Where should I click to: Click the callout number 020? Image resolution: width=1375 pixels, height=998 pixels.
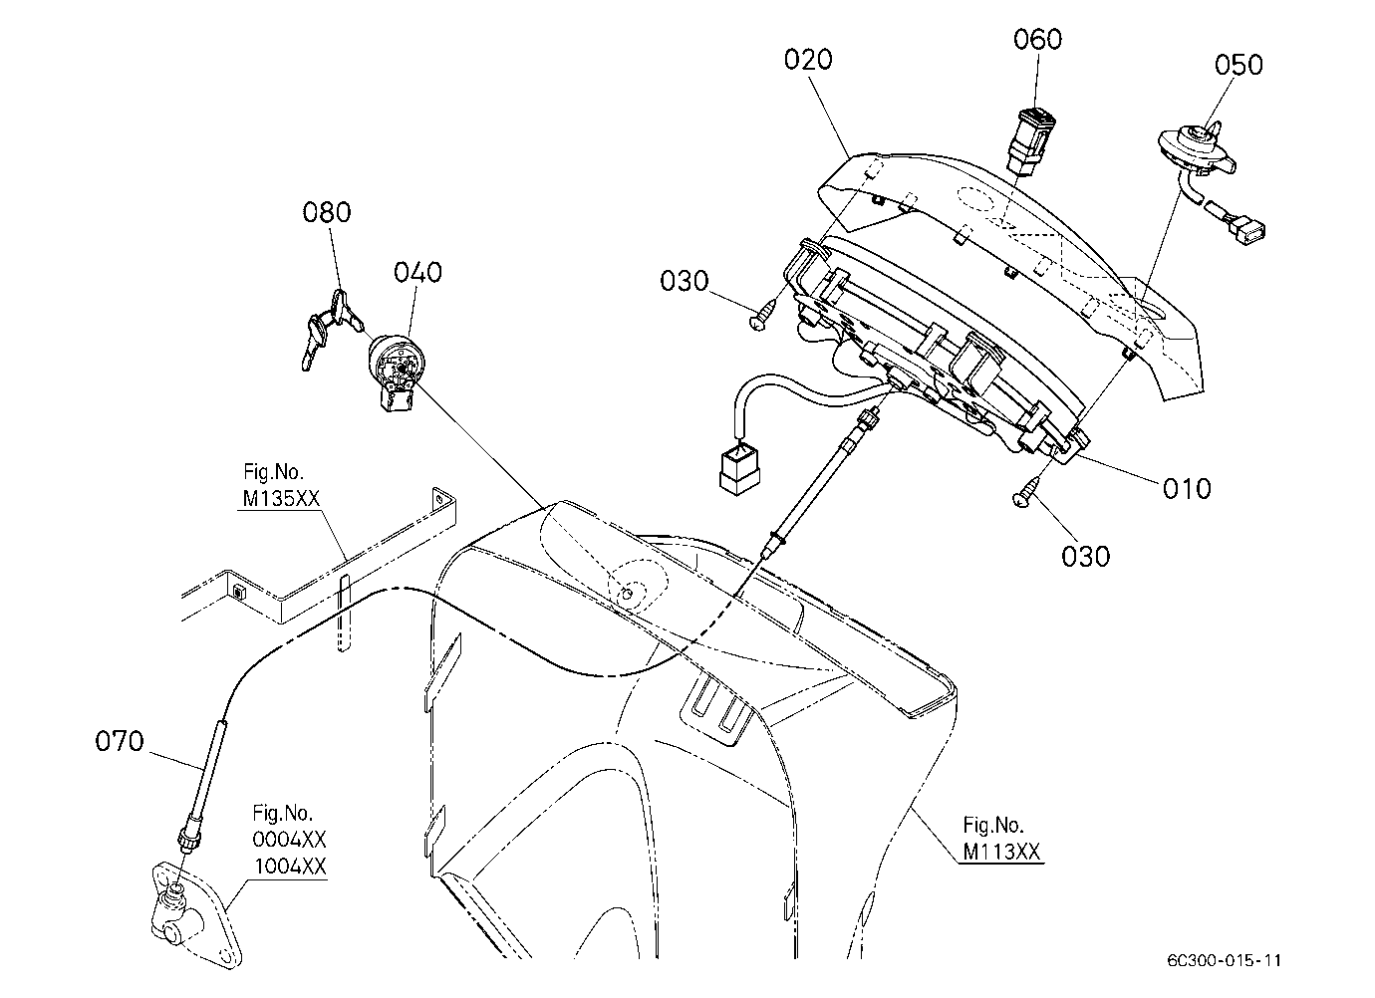click(x=808, y=60)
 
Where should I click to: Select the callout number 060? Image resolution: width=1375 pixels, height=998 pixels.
click(x=1037, y=39)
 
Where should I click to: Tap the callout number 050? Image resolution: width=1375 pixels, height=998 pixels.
click(x=1238, y=65)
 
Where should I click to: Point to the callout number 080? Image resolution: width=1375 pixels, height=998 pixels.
click(x=327, y=212)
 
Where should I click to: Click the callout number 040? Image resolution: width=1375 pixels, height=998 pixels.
click(x=417, y=273)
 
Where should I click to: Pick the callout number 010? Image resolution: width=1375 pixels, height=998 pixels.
click(x=1187, y=489)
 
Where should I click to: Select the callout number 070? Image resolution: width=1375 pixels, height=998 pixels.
click(x=120, y=741)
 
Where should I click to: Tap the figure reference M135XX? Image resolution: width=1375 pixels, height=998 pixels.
click(x=282, y=498)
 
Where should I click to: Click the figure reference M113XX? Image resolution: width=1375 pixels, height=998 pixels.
click(x=1001, y=852)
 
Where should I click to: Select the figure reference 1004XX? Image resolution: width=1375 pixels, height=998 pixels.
click(x=290, y=867)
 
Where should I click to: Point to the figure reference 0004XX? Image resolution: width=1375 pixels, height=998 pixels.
click(x=289, y=839)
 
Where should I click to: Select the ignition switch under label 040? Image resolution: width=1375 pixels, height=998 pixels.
click(x=395, y=372)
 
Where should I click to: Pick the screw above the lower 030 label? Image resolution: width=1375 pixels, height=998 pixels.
click(x=1025, y=494)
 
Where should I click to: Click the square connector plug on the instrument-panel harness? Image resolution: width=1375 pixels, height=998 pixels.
click(x=738, y=470)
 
